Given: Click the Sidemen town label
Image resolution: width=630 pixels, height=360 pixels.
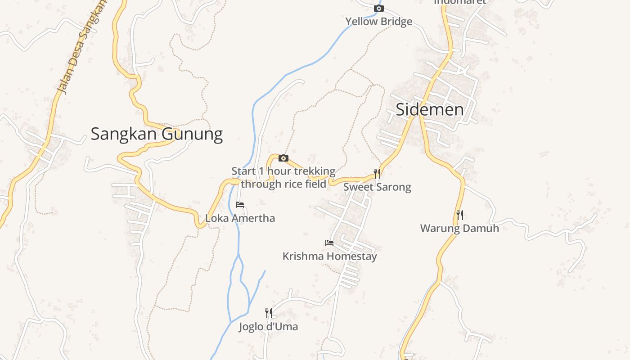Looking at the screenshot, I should point(429,110).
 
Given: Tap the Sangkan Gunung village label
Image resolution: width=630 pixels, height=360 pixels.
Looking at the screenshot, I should point(157,134).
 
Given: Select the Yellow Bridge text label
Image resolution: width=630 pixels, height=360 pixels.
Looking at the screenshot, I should point(378,22).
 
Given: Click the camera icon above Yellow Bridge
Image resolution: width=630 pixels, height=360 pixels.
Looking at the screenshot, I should point(379,9).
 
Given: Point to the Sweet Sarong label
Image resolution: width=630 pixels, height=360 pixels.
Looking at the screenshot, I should point(377,187).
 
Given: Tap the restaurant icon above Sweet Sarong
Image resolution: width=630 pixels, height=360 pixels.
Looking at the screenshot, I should point(377,174).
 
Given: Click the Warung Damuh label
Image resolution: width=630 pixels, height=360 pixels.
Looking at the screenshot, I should point(459,228).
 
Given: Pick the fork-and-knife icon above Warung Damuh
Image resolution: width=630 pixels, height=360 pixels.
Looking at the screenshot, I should point(459,215).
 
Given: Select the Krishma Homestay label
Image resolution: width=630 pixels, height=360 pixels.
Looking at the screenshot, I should point(329,256).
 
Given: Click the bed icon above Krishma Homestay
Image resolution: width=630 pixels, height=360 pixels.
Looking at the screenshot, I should point(329,243).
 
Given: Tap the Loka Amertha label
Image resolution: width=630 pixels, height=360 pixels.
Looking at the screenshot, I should point(240,218).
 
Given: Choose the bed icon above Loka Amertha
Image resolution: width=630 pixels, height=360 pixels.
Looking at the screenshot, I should point(240,205).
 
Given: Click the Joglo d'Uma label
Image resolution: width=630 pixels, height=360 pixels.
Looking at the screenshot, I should point(268,327).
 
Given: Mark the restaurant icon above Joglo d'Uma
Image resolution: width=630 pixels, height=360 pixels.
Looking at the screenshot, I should point(268,313).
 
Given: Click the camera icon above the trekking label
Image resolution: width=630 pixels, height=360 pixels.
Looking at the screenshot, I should point(283,158).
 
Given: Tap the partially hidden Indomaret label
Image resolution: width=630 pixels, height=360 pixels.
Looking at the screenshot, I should point(460,2).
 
